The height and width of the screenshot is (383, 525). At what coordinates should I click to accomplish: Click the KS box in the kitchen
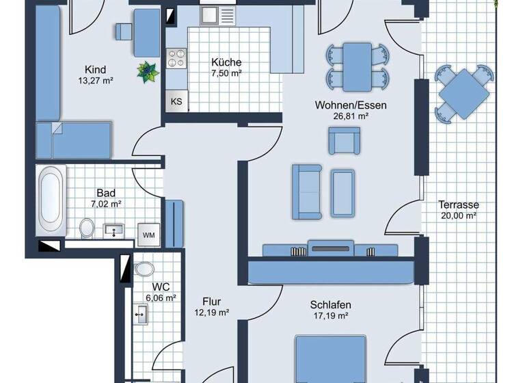176,102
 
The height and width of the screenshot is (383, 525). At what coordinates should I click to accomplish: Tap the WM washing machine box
148,235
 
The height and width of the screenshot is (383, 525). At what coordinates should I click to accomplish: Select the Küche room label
226,63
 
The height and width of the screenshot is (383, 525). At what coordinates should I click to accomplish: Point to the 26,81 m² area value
351,116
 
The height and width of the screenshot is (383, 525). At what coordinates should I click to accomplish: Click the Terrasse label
458,204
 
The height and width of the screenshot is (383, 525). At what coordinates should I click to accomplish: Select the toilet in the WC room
144,267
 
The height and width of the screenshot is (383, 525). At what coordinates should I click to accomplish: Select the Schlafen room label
329,304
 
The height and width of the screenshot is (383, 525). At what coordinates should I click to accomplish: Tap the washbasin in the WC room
142,315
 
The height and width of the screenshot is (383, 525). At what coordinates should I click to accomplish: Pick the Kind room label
95,70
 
